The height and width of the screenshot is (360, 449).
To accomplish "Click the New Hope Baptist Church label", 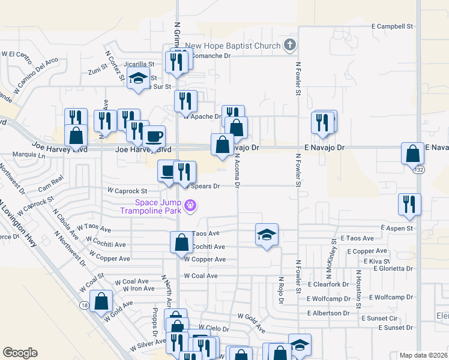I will pyautogui.click(x=232, y=46).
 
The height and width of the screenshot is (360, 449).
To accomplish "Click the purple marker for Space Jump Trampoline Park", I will pyautogui.click(x=191, y=206).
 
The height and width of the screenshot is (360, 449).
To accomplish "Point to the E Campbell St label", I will pyautogui.click(x=393, y=26).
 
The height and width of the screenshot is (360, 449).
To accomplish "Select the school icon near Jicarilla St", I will pyautogui.click(x=138, y=77).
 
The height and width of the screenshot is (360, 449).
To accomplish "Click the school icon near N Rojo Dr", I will pyautogui.click(x=267, y=234).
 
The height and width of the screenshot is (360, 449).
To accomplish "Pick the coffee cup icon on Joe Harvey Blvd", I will pyautogui.click(x=153, y=136).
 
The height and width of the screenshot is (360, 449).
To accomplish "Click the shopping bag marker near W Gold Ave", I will pyautogui.click(x=101, y=301).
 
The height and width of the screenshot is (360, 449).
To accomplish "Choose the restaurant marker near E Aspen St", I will pyautogui.click(x=409, y=204).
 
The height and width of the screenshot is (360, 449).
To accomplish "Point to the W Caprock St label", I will pyautogui.click(x=127, y=190).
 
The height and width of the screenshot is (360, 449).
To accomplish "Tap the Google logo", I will pyautogui.click(x=20, y=353).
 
